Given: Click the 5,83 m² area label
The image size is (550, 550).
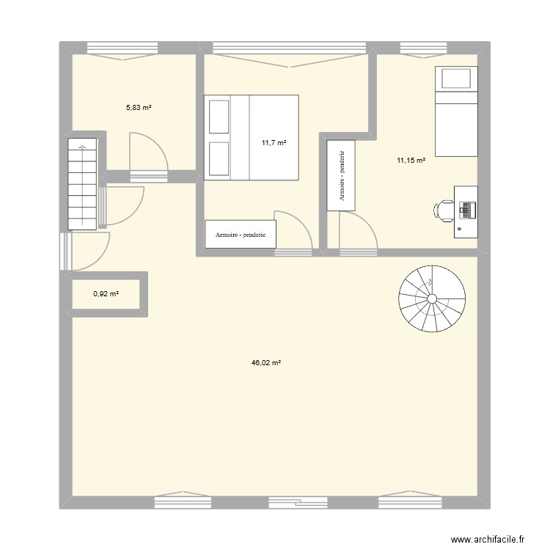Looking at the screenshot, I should pyautogui.click(x=138, y=107).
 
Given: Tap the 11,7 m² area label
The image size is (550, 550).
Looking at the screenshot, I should pyautogui.click(x=274, y=143).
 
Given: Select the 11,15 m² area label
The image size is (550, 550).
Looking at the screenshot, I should pyautogui.click(x=411, y=161).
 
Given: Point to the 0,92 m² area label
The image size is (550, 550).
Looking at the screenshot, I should pyautogui.click(x=106, y=294).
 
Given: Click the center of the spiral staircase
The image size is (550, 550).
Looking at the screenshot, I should pyautogui.click(x=431, y=298).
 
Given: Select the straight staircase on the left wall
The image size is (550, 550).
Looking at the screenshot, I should pyautogui.click(x=82, y=183).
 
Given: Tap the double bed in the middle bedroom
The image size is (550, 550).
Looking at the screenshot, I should pyautogui.click(x=251, y=136).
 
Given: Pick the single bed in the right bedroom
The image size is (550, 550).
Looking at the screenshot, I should pyautogui.click(x=457, y=111).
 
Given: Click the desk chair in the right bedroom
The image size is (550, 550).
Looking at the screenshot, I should pyautogui.click(x=444, y=210).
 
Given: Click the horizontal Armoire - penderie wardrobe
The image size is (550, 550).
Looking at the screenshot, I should pyautogui.click(x=241, y=235).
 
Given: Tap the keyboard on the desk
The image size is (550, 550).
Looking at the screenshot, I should pyautogui.click(x=465, y=210).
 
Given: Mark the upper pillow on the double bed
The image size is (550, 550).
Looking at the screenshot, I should pyautogui.click(x=219, y=116).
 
